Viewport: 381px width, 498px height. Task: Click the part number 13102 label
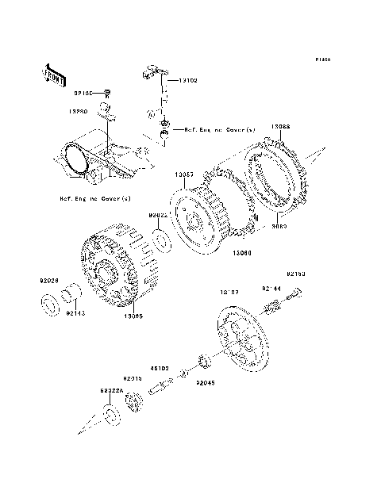(187, 80)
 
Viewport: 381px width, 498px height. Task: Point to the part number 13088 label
(280, 127)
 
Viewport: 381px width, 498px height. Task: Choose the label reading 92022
(156, 215)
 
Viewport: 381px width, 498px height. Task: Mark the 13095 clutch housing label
(133, 316)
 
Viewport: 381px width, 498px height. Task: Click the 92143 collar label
(75, 313)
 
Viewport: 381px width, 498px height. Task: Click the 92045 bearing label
(206, 381)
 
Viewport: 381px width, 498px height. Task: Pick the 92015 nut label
(132, 378)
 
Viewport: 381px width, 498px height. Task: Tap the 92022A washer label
(111, 392)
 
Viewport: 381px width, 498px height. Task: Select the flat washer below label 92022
(160, 240)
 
